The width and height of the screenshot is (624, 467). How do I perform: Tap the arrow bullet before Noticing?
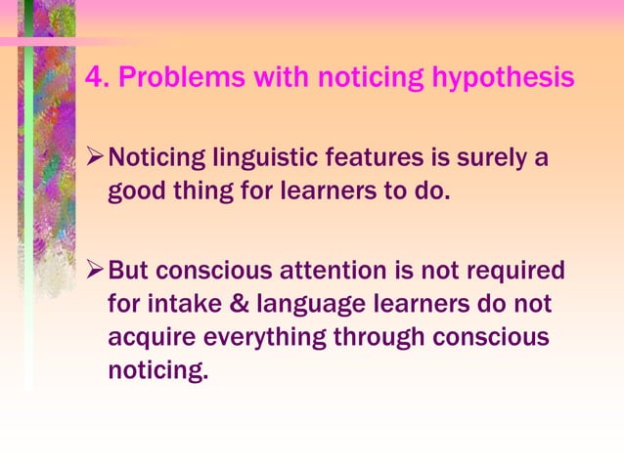(95, 155)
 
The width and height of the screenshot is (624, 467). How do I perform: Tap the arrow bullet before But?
(95, 269)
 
